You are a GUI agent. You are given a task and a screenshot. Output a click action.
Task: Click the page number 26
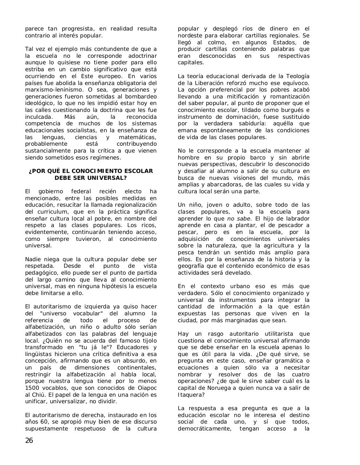[29, 441]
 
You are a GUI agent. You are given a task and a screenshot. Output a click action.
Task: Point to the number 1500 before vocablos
[32, 388]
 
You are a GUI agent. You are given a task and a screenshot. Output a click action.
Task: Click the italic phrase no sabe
[239, 219]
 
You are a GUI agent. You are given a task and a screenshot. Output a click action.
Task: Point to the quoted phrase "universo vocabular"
[70, 314]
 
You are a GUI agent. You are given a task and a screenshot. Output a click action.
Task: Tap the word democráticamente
[204, 429]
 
